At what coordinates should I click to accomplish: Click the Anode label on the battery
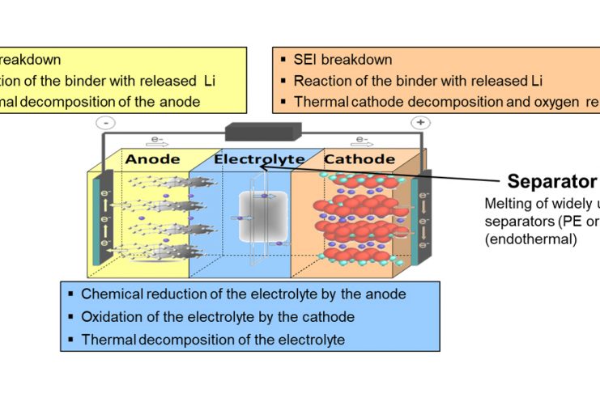(153, 160)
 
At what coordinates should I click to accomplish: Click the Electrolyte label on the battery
(259, 160)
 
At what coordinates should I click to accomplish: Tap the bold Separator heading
(551, 181)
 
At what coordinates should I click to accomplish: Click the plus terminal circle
(420, 123)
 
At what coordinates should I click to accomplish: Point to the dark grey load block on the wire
(262, 132)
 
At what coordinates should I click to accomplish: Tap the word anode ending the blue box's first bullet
(388, 294)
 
